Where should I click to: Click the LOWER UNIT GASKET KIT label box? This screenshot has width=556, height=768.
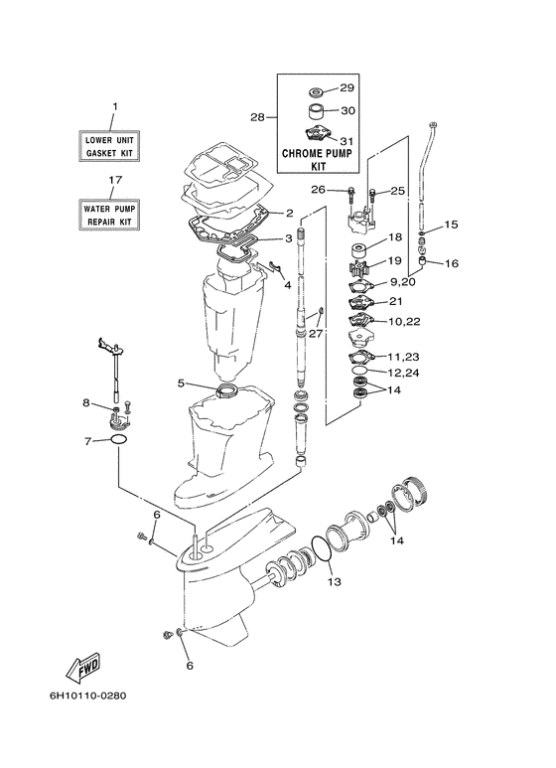109,146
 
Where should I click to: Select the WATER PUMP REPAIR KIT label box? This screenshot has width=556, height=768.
109,215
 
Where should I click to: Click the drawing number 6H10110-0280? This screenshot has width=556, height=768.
88,695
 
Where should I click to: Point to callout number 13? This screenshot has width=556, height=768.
335,582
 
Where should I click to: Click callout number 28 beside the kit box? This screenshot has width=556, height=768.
257,117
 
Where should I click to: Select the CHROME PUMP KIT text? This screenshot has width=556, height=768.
318,160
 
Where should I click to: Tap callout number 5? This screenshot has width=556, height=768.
181,383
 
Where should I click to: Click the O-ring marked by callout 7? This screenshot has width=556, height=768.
119,439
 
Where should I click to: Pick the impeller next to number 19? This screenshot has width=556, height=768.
359,270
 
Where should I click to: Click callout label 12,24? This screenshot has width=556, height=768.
404,373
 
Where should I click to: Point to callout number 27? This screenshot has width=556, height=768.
316,333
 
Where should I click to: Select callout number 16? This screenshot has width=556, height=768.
452,263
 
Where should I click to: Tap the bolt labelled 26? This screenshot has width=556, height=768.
351,195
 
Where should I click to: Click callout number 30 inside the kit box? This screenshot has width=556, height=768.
347,110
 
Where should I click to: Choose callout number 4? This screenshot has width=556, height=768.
288,284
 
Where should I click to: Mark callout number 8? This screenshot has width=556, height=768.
86,403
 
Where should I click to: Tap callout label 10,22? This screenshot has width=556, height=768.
404,321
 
